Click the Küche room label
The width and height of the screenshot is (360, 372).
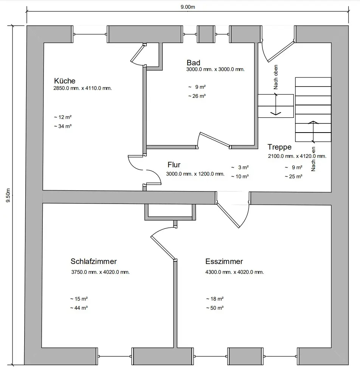pos(65,81)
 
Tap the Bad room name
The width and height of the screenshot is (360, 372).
pos(194,63)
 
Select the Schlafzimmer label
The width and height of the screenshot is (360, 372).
pos(94,261)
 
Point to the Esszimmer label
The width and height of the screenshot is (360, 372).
pos(224,261)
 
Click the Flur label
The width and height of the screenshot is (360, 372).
pos(174,165)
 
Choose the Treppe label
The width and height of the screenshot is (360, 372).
pos(279,147)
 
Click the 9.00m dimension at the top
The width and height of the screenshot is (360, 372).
pos(188,7)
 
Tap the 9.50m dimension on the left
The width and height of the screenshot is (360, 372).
pos(8,195)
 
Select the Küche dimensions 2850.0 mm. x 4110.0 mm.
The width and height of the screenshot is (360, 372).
pos(82,88)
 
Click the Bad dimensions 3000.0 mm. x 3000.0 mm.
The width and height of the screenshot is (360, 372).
pos(215,69)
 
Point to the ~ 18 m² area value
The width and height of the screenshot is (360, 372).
pos(215,299)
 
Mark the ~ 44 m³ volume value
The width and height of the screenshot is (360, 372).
pos(79,308)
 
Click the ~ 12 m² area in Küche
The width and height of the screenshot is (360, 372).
pos(63,117)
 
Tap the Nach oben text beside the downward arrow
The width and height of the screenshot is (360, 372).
pos(276,77)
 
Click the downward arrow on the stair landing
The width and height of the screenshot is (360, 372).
pos(276,104)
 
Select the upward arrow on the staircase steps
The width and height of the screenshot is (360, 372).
pos(313,132)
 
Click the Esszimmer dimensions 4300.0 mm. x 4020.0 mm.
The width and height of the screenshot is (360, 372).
pos(234,272)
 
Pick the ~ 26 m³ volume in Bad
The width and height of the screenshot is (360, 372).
pos(197,96)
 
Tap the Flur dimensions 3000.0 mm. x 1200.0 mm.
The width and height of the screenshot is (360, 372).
pos(195,174)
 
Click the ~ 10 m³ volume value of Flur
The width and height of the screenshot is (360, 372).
pos(240,176)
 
